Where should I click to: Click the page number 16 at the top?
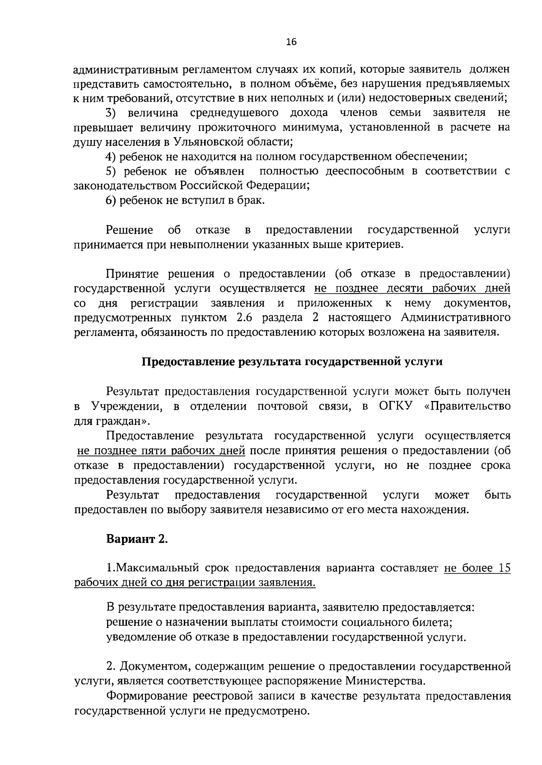pos(291,42)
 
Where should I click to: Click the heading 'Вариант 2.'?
pos(137,539)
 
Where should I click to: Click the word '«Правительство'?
pos(468,406)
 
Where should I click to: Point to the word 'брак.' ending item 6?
pos(251,201)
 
